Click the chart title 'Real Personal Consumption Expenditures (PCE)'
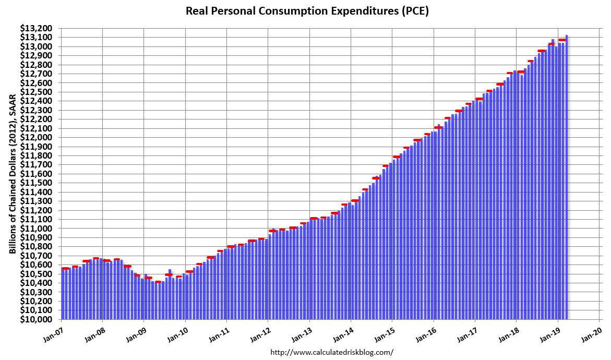[x=307, y=11]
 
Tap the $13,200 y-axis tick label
[x=37, y=28]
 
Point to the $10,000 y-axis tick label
[x=37, y=319]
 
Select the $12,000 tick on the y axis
[x=37, y=137]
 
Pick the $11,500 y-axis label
[x=37, y=183]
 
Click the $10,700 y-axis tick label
[x=37, y=256]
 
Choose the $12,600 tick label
[x=37, y=83]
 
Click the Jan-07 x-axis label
[x=53, y=332]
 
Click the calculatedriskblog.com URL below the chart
[x=331, y=352]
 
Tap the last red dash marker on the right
[x=562, y=40]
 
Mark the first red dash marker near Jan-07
[x=65, y=268]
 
